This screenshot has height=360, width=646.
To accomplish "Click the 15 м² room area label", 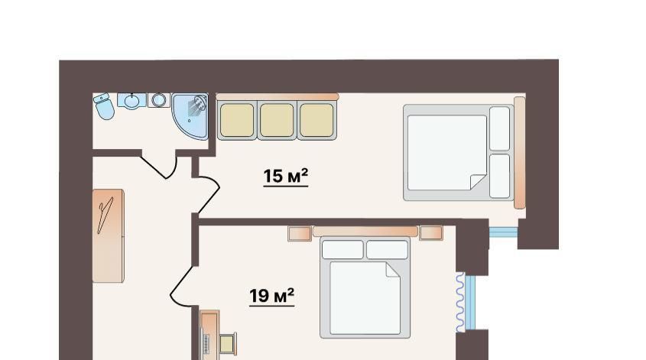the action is (x=285, y=177).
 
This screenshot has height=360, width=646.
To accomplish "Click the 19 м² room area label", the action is (x=271, y=296).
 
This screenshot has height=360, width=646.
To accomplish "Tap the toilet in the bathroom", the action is (x=104, y=105).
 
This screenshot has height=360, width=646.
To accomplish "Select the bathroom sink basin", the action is (x=131, y=101).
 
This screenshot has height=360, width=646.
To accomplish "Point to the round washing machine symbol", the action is (x=158, y=100).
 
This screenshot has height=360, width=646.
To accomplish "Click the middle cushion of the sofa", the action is (x=277, y=120).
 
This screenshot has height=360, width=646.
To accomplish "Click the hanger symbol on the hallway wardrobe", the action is (x=105, y=215).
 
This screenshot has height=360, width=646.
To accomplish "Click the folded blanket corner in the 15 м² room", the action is (x=479, y=182).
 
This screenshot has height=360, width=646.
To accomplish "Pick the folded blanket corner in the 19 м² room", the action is (x=393, y=270).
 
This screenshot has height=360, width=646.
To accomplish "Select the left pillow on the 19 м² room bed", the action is (x=342, y=250).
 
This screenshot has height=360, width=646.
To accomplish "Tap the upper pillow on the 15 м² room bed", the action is (x=500, y=128).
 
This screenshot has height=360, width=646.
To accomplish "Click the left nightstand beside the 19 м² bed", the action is (x=300, y=234).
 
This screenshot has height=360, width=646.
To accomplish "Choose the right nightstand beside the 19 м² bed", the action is (x=431, y=233).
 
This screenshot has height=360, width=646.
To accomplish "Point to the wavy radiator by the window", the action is (x=460, y=303).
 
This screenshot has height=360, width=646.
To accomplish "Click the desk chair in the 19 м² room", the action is (x=228, y=343).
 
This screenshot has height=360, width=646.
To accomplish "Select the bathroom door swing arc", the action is (x=164, y=170).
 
